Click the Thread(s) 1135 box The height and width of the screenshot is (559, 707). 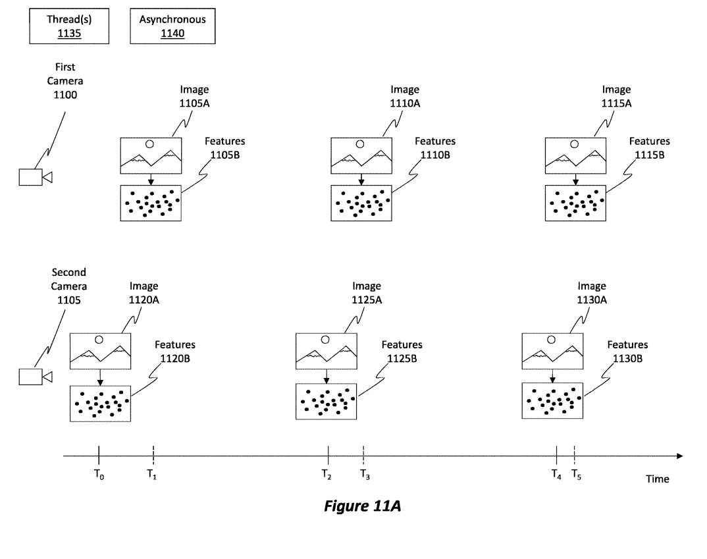(x=68, y=26)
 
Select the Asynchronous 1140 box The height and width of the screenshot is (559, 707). (x=172, y=26)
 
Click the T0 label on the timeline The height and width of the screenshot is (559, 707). (x=99, y=473)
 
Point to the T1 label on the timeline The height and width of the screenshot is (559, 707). (x=151, y=473)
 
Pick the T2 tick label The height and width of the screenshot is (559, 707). (x=327, y=473)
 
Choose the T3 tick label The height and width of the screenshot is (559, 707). (x=365, y=473)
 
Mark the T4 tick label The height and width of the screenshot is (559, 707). (x=556, y=473)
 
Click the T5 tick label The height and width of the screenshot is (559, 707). (x=576, y=473)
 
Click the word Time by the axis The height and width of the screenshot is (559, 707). (x=657, y=479)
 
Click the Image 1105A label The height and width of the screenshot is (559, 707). (x=195, y=96)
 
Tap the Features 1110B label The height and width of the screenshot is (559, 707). (x=434, y=147)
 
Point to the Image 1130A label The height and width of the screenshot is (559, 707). (x=591, y=292)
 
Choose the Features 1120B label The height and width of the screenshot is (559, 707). (x=175, y=351)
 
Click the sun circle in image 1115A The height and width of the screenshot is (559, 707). (x=574, y=144)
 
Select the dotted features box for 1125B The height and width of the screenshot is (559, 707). (x=326, y=402)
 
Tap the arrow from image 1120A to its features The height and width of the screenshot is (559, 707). (x=100, y=377)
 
